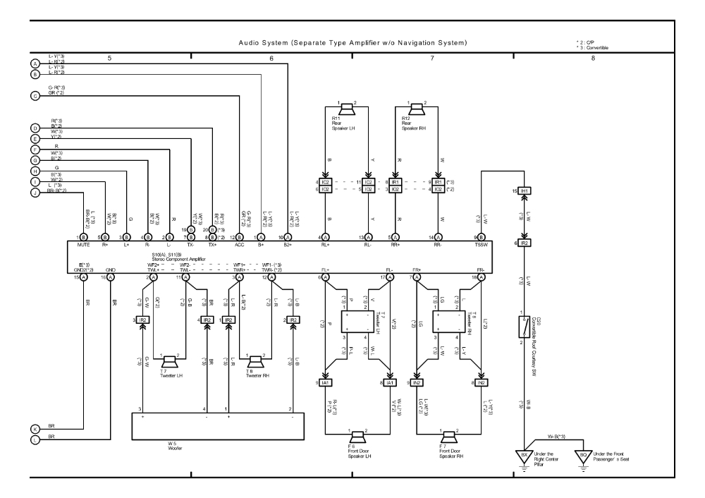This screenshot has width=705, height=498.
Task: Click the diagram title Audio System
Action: click(352, 44)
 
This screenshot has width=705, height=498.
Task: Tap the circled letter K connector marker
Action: click(35, 428)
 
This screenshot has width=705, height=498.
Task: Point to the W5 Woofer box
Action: click(218, 426)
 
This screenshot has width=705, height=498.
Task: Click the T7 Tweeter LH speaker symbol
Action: click(170, 360)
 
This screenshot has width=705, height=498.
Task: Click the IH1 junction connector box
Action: click(522, 190)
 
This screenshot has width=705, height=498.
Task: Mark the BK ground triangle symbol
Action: click(524, 455)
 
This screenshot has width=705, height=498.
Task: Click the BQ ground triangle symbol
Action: click(582, 455)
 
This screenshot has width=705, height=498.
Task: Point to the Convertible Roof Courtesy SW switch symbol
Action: click(522, 326)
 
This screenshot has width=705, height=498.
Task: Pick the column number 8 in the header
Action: click(593, 57)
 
